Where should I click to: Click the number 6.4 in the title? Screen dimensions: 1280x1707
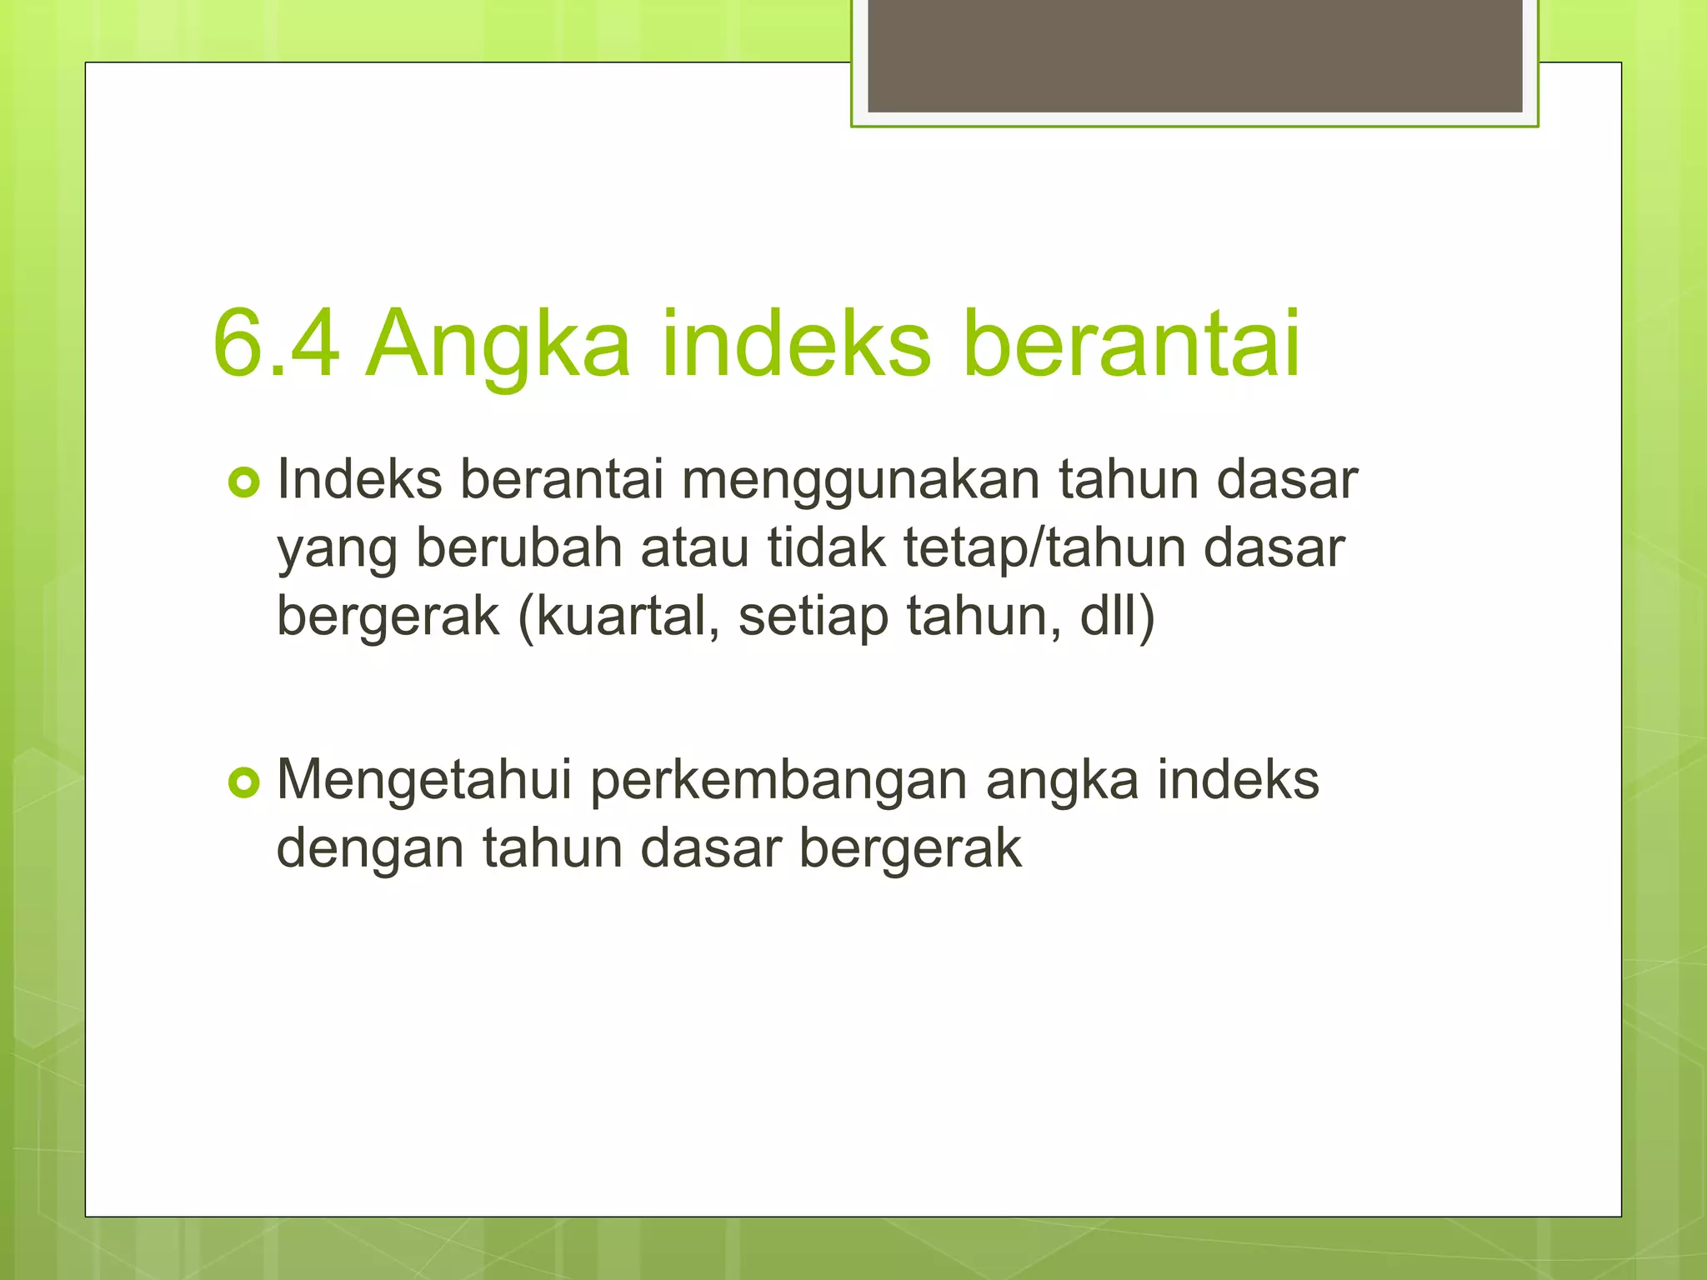(276, 343)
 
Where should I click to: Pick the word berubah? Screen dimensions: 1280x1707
(519, 548)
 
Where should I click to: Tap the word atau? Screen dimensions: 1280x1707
(694, 550)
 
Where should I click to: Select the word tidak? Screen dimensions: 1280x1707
(826, 548)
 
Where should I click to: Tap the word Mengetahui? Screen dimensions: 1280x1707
(424, 782)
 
